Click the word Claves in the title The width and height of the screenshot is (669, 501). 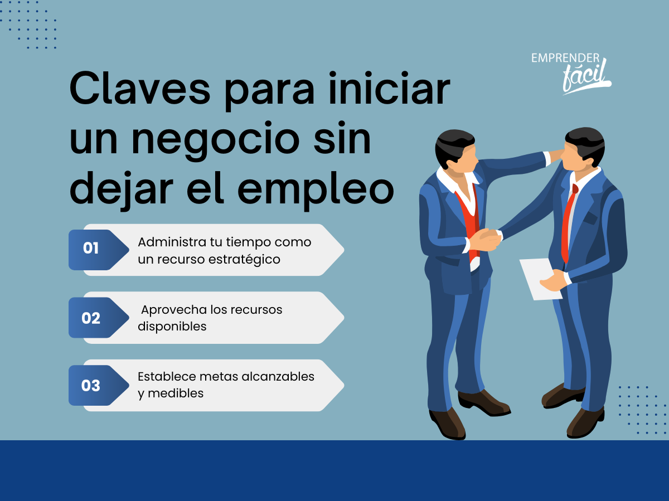[x=140, y=88]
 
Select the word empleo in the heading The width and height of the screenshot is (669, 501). [x=316, y=191]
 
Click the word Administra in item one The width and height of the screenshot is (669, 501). [x=172, y=242]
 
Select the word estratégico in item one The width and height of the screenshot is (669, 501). [x=244, y=260]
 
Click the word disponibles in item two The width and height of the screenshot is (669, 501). [x=172, y=327]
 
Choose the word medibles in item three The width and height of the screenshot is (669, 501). [x=176, y=393]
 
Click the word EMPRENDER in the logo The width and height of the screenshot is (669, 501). [x=565, y=58]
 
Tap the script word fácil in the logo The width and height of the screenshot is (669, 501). [x=586, y=76]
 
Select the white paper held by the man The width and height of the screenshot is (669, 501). [x=540, y=279]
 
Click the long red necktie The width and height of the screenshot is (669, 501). [x=569, y=224]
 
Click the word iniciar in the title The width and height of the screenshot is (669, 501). [x=389, y=88]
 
